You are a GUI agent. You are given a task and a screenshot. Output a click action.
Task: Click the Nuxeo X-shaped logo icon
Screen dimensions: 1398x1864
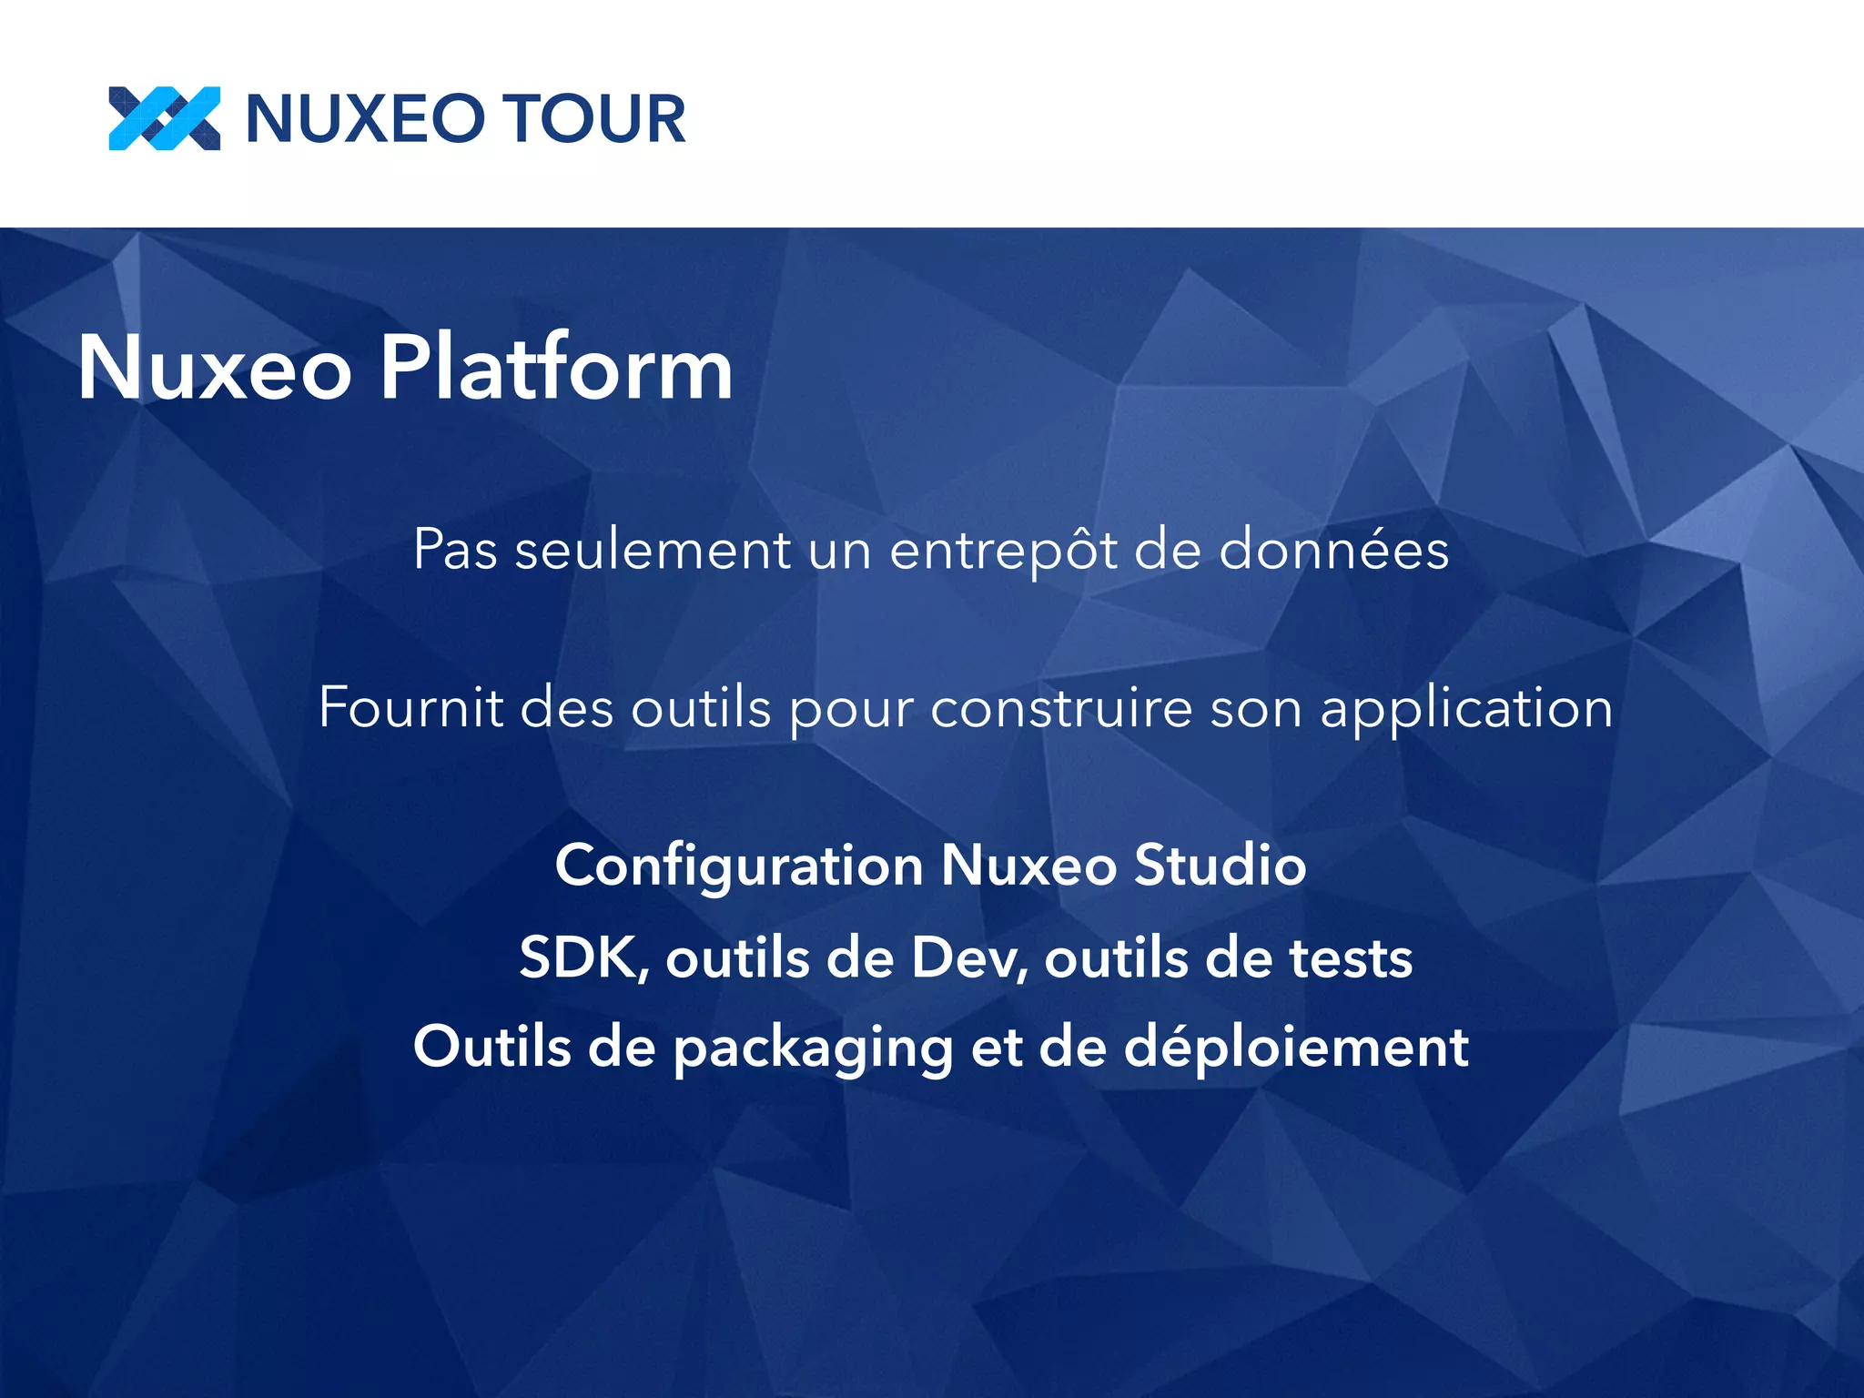(x=165, y=118)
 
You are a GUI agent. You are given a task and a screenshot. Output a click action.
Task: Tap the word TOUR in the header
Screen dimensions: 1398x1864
(x=594, y=119)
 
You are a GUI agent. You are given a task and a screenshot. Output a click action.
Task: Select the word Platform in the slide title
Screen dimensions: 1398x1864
(x=556, y=368)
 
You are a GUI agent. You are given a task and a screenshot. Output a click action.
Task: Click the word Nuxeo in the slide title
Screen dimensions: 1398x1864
(x=215, y=368)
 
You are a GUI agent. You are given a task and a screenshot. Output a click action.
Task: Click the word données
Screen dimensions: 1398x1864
(x=1333, y=549)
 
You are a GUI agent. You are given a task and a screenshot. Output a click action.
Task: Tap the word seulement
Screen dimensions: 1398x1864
(x=653, y=549)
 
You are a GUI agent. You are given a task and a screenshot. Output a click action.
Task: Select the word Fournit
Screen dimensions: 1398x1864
(x=410, y=707)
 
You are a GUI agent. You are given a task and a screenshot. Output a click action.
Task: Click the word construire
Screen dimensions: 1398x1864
(x=1061, y=708)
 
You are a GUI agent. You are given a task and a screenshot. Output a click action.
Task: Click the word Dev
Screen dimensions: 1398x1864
(x=966, y=957)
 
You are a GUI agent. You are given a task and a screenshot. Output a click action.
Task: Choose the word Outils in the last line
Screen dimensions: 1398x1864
(x=492, y=1046)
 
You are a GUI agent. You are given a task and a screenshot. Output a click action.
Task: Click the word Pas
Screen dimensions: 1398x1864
(x=455, y=549)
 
